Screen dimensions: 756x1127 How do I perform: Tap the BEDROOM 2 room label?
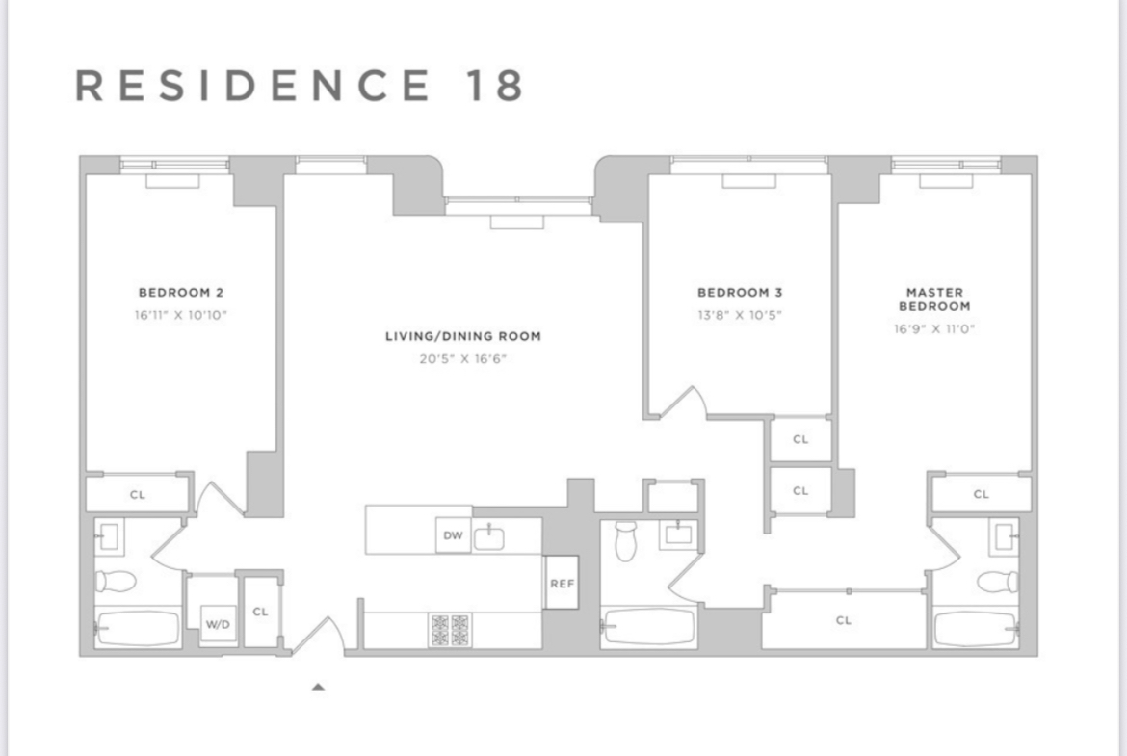pyautogui.click(x=181, y=293)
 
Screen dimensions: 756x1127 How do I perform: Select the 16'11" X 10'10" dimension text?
pyautogui.click(x=181, y=314)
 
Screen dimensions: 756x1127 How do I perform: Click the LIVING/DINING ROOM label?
pyautogui.click(x=463, y=337)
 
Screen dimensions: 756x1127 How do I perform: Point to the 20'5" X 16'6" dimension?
pyautogui.click(x=463, y=359)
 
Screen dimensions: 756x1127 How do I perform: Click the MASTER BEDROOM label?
pyautogui.click(x=934, y=300)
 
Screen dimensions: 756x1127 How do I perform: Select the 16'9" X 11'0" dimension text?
pyautogui.click(x=934, y=328)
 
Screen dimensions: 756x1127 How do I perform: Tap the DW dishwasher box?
pyautogui.click(x=453, y=536)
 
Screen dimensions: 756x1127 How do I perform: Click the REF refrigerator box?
pyautogui.click(x=562, y=583)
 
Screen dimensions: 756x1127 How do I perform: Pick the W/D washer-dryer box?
pyautogui.click(x=219, y=625)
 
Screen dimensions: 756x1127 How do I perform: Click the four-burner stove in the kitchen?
pyautogui.click(x=449, y=630)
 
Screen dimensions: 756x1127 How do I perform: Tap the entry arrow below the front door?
pyautogui.click(x=318, y=687)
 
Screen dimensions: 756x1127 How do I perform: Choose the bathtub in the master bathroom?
pyautogui.click(x=976, y=628)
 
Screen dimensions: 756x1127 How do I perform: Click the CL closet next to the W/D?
pyautogui.click(x=260, y=612)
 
